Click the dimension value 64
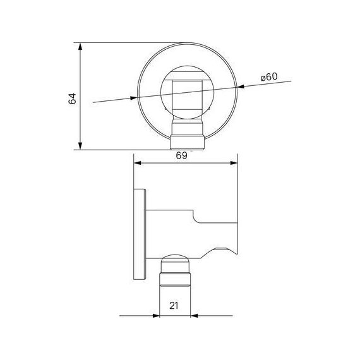point(72,99)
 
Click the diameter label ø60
point(269,77)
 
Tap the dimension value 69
point(181,155)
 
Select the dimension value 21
point(174,306)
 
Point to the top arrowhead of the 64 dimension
point(80,47)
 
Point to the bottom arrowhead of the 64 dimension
point(80,146)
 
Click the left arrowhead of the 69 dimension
point(138,163)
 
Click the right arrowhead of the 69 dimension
point(234,163)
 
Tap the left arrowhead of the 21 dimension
point(156,316)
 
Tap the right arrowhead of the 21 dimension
point(195,316)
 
